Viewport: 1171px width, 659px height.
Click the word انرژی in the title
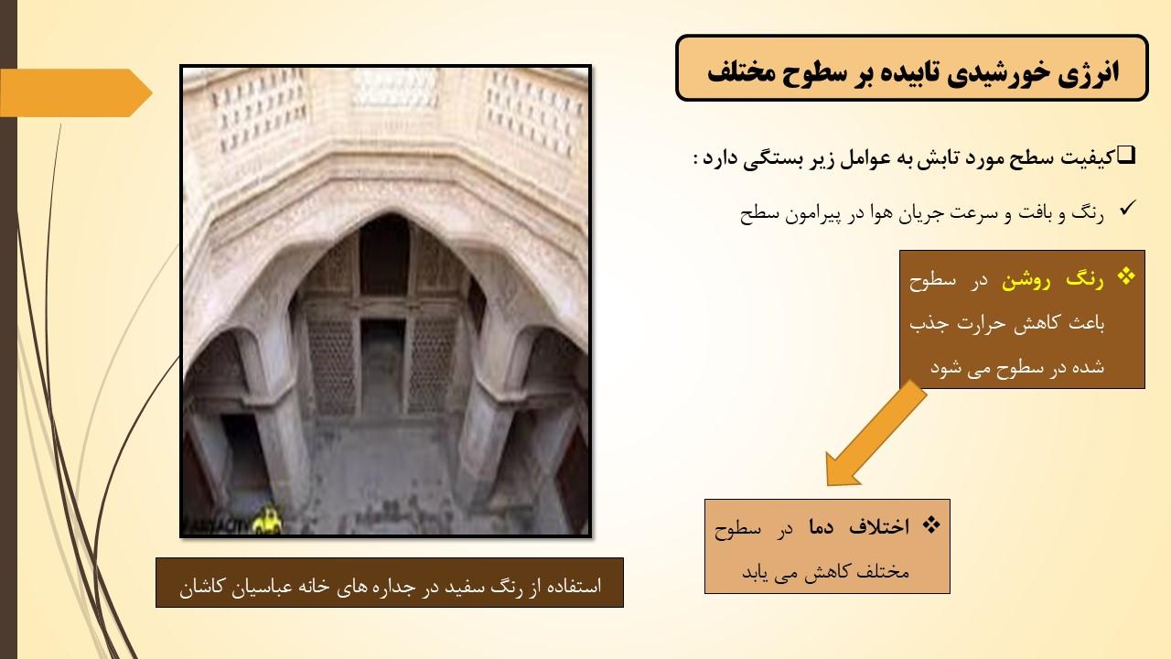pyautogui.click(x=1089, y=72)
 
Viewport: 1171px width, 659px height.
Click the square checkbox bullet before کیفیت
pyautogui.click(x=1127, y=155)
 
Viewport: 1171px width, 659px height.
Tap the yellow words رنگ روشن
pyautogui.click(x=1052, y=280)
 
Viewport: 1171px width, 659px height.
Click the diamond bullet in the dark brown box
pyautogui.click(x=1125, y=276)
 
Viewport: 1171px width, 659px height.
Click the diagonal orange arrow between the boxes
pyautogui.click(x=876, y=434)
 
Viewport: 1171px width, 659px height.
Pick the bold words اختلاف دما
pyautogui.click(x=860, y=526)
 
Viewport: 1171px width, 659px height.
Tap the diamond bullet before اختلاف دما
pyautogui.click(x=931, y=524)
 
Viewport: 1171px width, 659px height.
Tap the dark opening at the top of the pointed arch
pyautogui.click(x=384, y=255)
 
